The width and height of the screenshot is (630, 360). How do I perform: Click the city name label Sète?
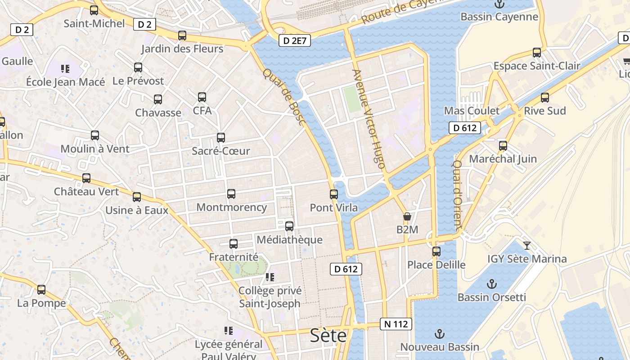pos(328,336)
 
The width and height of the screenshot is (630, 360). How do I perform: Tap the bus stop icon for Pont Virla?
pos(333,194)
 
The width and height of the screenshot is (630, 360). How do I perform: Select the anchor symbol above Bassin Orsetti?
pos(492,284)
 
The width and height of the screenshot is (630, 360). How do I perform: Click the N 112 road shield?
pos(396,324)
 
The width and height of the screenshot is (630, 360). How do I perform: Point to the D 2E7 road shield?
pos(295,41)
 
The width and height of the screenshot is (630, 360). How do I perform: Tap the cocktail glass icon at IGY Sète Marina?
pos(527,245)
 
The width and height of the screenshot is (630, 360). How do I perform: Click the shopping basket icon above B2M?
pos(407,216)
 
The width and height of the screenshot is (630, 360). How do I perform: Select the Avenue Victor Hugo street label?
pos(369,119)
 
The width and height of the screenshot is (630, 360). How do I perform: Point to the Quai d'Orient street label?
pos(458,196)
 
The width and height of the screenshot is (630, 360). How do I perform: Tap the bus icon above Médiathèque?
pos(289,226)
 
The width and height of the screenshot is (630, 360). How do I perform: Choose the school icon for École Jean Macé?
pos(65,68)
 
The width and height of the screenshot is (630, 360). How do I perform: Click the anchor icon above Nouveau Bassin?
pos(439,334)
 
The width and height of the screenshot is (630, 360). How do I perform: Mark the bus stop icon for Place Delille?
pos(436,251)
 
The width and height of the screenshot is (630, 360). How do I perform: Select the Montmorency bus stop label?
pos(232,207)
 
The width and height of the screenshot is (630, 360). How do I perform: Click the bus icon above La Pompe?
pos(41,290)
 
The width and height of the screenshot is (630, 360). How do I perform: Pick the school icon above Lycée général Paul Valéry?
pos(229,331)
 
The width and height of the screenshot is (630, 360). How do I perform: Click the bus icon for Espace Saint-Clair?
pos(537,52)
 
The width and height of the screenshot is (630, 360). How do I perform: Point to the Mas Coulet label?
pos(472,111)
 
